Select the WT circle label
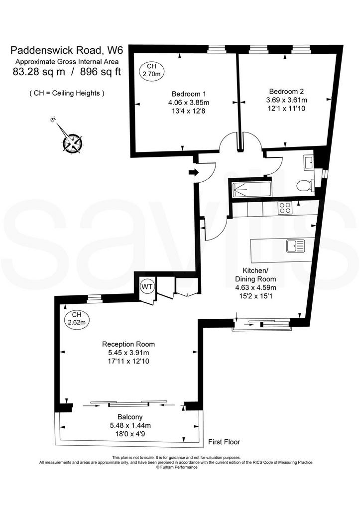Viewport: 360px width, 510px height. [x=147, y=286]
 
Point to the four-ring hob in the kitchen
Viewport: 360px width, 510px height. [x=285, y=208]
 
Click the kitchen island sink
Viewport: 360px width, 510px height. [x=296, y=246]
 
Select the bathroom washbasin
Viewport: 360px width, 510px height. [x=309, y=162]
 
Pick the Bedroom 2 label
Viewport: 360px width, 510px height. [x=286, y=92]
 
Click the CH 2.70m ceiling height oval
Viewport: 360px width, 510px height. [x=151, y=70]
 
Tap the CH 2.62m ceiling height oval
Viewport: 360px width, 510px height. [x=77, y=319]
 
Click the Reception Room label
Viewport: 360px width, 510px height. [x=128, y=344]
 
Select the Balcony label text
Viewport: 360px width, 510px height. [x=130, y=417]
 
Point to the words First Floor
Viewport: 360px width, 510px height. [x=224, y=442]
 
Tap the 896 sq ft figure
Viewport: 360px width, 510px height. [x=100, y=72]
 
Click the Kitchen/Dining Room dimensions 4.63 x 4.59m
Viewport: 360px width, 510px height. [x=255, y=287]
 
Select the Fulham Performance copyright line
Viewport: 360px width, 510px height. [x=177, y=467]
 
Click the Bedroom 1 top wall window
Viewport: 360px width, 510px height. [x=216, y=49]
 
